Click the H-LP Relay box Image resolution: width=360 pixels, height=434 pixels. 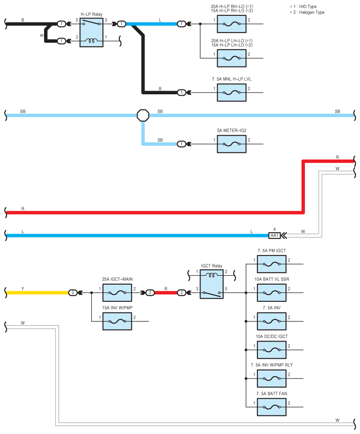click(x=91, y=32)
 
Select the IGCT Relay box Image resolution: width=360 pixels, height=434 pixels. click(x=212, y=284)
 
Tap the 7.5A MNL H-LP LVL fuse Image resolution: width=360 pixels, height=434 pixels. click(x=232, y=93)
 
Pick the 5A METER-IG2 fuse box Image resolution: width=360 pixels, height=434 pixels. click(x=232, y=144)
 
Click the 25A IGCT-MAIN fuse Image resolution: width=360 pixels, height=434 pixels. click(x=117, y=293)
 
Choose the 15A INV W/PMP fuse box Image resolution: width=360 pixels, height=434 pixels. click(x=117, y=321)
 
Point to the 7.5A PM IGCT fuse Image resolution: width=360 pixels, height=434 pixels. click(x=272, y=264)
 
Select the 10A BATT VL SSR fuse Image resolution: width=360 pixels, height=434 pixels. click(x=272, y=293)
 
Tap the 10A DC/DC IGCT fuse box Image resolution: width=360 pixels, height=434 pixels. click(x=272, y=350)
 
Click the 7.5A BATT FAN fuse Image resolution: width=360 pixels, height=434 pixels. click(x=272, y=407)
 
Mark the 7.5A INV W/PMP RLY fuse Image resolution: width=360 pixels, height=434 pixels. click(x=272, y=378)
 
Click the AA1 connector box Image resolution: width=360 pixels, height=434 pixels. click(x=275, y=236)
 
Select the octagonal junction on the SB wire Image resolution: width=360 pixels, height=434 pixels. click(x=143, y=115)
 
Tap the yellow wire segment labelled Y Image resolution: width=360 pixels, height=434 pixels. click(x=37, y=293)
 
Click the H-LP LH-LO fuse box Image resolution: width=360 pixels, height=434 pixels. click(x=232, y=58)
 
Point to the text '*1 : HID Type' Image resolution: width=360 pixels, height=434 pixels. click(x=303, y=7)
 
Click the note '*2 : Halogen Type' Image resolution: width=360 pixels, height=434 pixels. click(x=307, y=12)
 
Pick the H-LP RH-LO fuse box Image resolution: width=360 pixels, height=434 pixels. click(x=232, y=24)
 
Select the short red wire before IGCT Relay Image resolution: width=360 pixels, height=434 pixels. click(x=166, y=293)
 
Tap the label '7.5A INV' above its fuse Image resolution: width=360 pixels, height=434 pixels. click(x=271, y=308)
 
